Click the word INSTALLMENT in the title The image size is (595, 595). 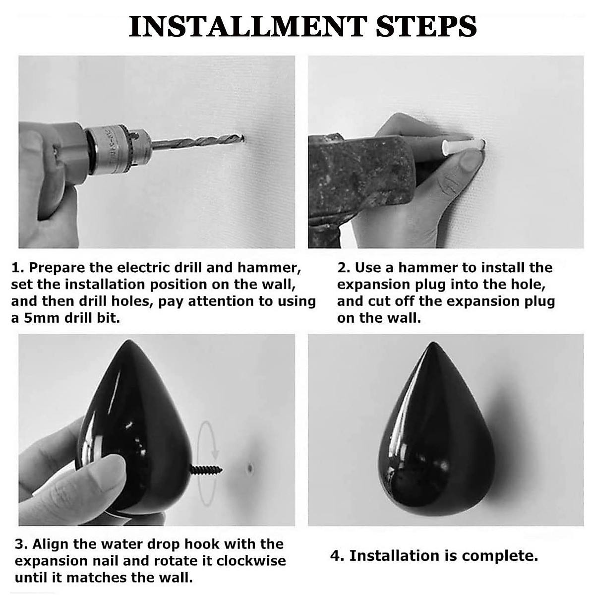tap(247, 27)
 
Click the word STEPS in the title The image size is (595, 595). tap(426, 27)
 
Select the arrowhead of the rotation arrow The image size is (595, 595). tap(216, 454)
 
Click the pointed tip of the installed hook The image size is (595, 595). tap(433, 343)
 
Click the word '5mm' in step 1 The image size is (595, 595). tap(42, 318)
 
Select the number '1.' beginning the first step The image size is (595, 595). tap(17, 268)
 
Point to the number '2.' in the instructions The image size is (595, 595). tap(344, 268)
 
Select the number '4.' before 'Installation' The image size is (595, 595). tap(337, 556)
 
